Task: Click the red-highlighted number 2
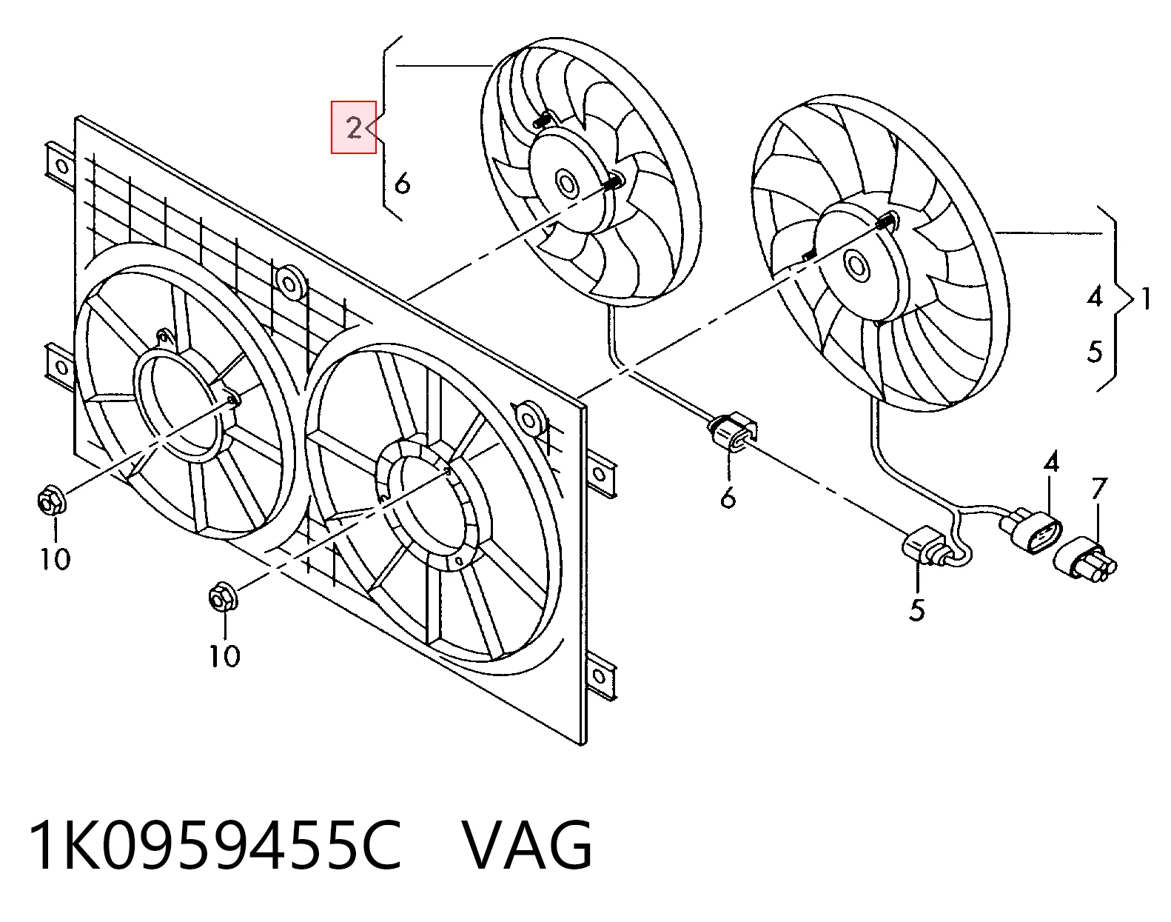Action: pyautogui.click(x=354, y=129)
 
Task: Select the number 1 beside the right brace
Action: pyautogui.click(x=1146, y=298)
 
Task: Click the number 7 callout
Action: pyautogui.click(x=1098, y=489)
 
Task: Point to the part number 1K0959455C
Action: pyautogui.click(x=216, y=847)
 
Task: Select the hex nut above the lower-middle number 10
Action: pyautogui.click(x=223, y=598)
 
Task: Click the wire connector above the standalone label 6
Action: pyautogui.click(x=732, y=432)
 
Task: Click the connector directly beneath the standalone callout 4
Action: pyautogui.click(x=1030, y=530)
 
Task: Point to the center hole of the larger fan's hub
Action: pyautogui.click(x=856, y=264)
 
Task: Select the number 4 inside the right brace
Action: pyautogui.click(x=1095, y=298)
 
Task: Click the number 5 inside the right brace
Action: pyautogui.click(x=1095, y=351)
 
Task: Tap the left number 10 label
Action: pyautogui.click(x=56, y=559)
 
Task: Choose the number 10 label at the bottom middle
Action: pyautogui.click(x=225, y=656)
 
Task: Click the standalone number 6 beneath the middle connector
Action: pyautogui.click(x=728, y=497)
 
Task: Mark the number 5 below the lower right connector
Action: pyautogui.click(x=917, y=610)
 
